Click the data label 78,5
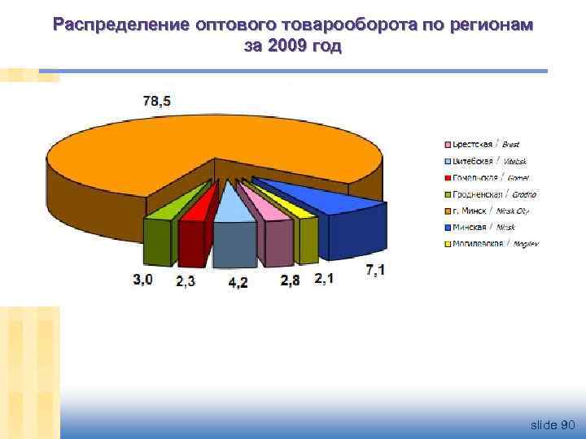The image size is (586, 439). pos(156,102)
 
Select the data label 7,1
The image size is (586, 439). pos(375,270)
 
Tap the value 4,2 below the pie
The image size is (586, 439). pos(238,282)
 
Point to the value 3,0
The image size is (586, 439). pos(142,279)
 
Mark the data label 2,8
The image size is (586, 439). pos(290,280)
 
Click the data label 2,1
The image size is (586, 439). pos(324,278)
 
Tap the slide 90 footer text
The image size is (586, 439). pos(553,424)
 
